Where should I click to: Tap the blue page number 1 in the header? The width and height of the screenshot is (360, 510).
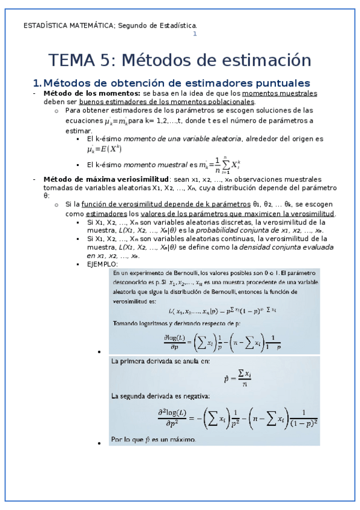click(194, 34)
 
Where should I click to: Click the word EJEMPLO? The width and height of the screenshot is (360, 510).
click(103, 264)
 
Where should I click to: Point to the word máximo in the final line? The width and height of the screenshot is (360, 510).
click(182, 440)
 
